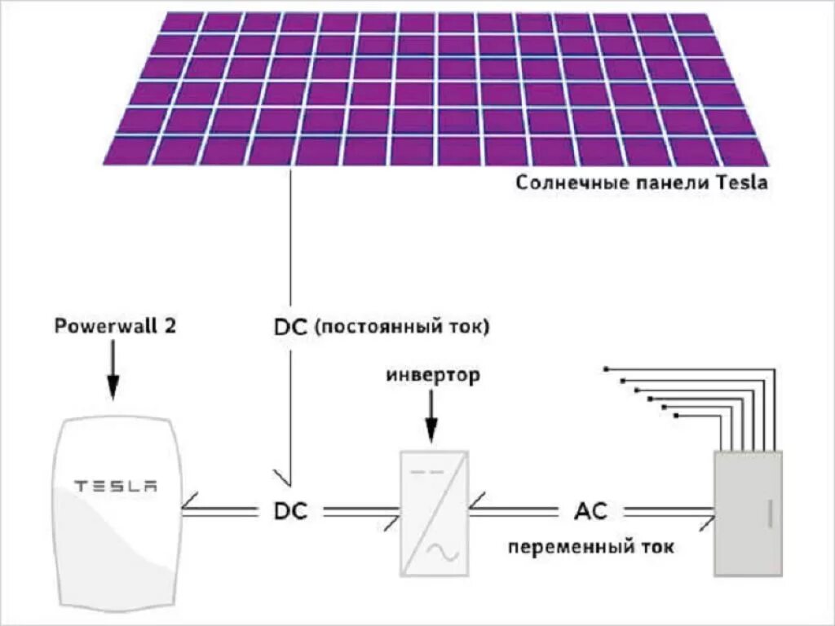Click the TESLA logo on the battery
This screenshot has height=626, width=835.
point(115,487)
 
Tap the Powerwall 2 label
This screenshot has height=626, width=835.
point(114,327)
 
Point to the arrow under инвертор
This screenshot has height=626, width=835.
point(431,419)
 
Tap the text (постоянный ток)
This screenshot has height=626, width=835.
point(401,328)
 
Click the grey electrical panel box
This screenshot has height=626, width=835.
point(748,514)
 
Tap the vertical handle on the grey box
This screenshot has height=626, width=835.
point(769,514)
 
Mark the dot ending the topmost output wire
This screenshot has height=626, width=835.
point(607,368)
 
